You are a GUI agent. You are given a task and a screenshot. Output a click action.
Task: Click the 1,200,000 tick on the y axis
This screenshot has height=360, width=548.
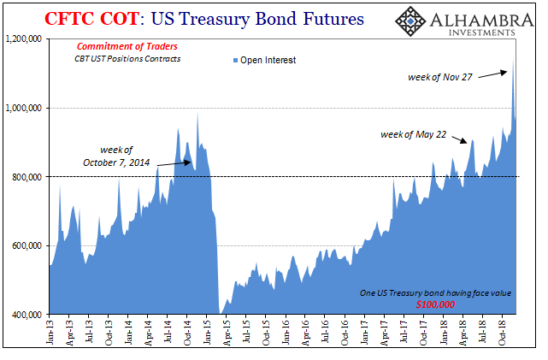pos(23,38)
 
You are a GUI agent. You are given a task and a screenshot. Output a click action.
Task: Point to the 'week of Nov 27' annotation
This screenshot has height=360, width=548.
pos(439,78)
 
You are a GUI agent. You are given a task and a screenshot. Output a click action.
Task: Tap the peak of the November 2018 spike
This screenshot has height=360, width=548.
pos(513,60)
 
